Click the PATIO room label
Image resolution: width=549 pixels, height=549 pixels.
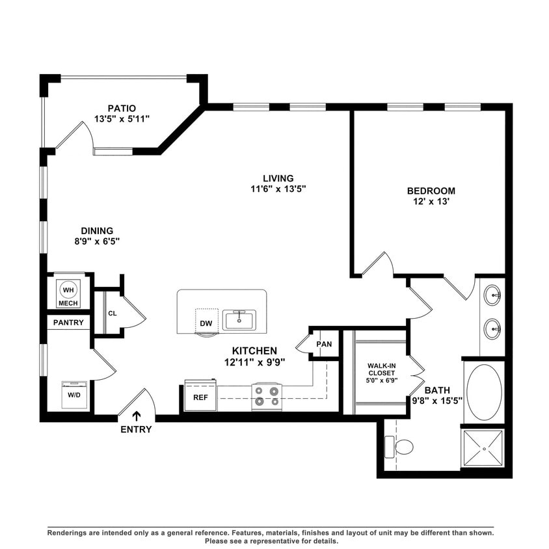(x=122, y=108)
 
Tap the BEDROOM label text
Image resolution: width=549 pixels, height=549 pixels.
(x=431, y=191)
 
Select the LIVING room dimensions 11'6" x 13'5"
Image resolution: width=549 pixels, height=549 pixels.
(x=278, y=189)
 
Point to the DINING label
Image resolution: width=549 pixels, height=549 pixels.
(x=97, y=230)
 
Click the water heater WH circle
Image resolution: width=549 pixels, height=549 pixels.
(x=68, y=289)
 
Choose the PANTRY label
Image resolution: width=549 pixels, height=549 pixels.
(x=68, y=322)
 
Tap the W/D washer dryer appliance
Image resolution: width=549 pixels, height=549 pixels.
(x=74, y=394)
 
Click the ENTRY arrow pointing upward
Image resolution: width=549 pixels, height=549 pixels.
(x=137, y=416)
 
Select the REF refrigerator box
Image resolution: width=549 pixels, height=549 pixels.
(x=200, y=396)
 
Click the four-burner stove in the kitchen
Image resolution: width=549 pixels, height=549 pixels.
(x=267, y=397)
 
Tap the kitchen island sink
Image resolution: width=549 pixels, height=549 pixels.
(x=239, y=319)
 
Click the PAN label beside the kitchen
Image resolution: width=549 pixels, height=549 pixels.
(x=324, y=344)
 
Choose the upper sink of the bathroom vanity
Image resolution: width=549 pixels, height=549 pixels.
(x=493, y=295)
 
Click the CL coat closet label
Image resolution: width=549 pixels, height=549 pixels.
(x=112, y=314)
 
